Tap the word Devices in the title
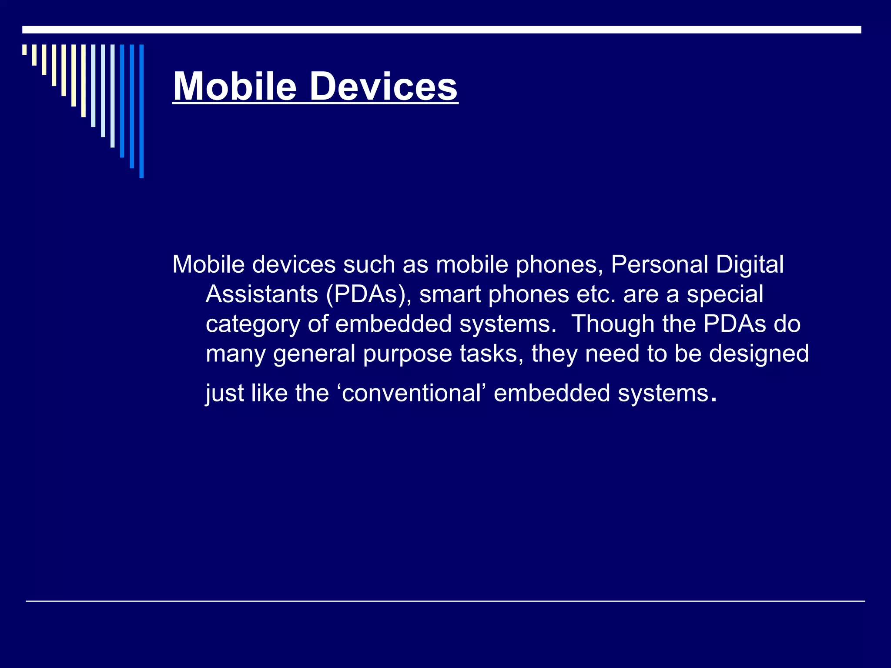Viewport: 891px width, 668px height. coord(383,87)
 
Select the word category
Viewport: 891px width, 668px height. coord(253,324)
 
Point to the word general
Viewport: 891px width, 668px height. coord(315,353)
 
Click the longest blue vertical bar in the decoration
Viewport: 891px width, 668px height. coord(141,111)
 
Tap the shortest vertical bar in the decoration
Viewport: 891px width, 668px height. coord(24,50)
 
